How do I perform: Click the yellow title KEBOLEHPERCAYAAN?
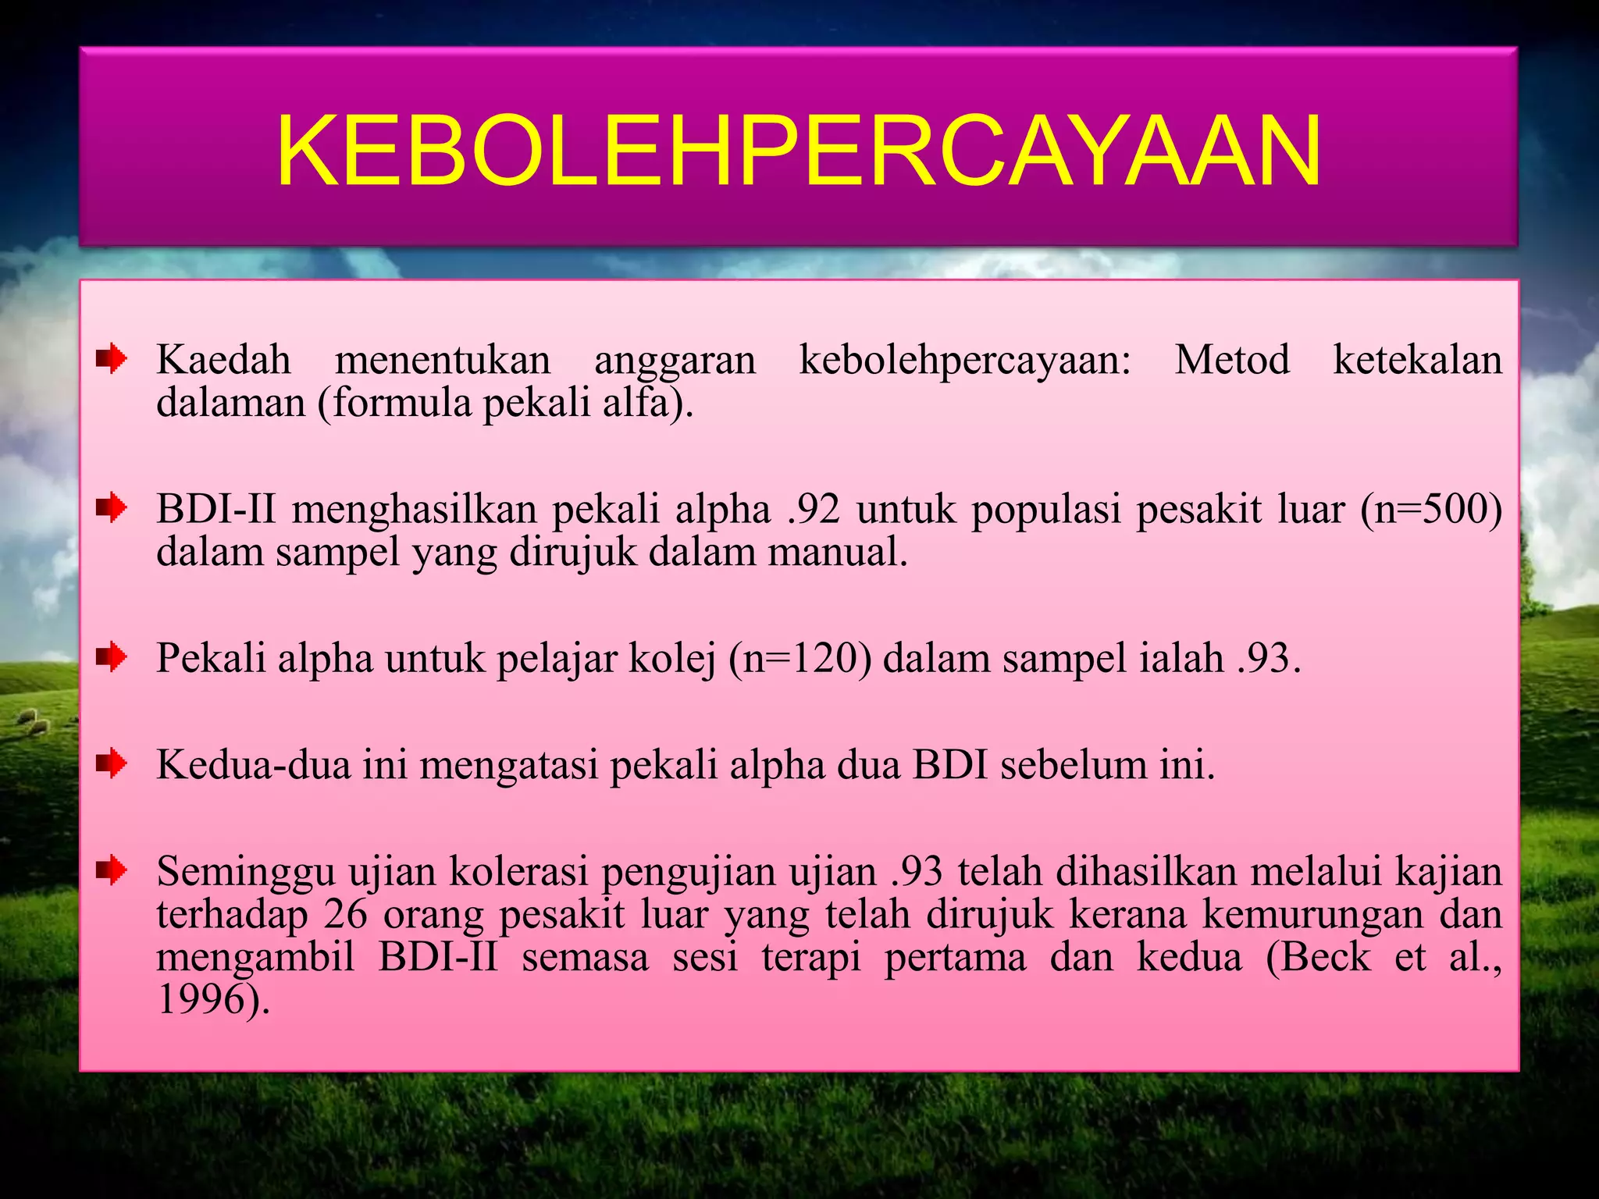(x=798, y=151)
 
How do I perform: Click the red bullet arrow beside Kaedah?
(x=112, y=360)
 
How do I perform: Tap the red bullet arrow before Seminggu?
(x=112, y=870)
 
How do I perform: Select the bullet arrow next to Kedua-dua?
(x=112, y=763)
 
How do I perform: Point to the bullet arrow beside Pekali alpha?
(x=112, y=657)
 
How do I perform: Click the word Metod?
(x=1232, y=361)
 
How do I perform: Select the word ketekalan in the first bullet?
(x=1417, y=361)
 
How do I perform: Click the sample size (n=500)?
(x=1431, y=510)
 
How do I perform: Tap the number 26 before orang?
(x=345, y=914)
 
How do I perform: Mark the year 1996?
(x=200, y=999)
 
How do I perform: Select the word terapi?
(x=811, y=957)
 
